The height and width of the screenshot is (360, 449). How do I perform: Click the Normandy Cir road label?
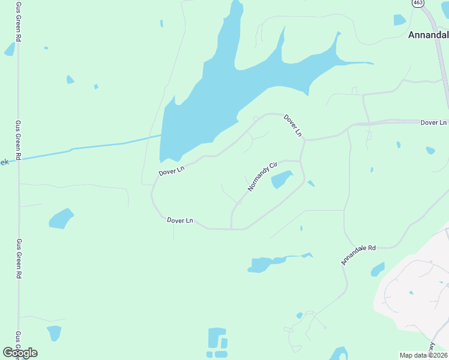(x=264, y=176)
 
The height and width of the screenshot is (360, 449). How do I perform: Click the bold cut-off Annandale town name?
(x=428, y=35)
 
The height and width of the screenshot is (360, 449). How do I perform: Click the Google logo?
(x=20, y=352)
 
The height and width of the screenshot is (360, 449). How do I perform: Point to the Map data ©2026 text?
(x=423, y=355)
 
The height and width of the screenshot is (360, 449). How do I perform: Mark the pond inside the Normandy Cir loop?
(x=281, y=179)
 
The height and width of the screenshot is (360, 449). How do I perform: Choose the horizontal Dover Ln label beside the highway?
(x=433, y=122)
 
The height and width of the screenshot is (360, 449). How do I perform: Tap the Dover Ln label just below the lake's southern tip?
(x=172, y=170)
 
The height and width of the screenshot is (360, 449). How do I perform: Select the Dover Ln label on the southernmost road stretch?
(x=179, y=221)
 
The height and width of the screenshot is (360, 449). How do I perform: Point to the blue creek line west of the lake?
(x=96, y=147)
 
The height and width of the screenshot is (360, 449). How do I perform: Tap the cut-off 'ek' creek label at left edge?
(x=4, y=162)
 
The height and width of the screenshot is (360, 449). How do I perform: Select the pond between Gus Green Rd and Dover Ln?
(x=61, y=218)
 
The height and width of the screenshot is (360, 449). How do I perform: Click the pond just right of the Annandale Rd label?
(x=378, y=269)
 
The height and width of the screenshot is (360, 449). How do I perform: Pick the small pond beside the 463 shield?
(x=399, y=20)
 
